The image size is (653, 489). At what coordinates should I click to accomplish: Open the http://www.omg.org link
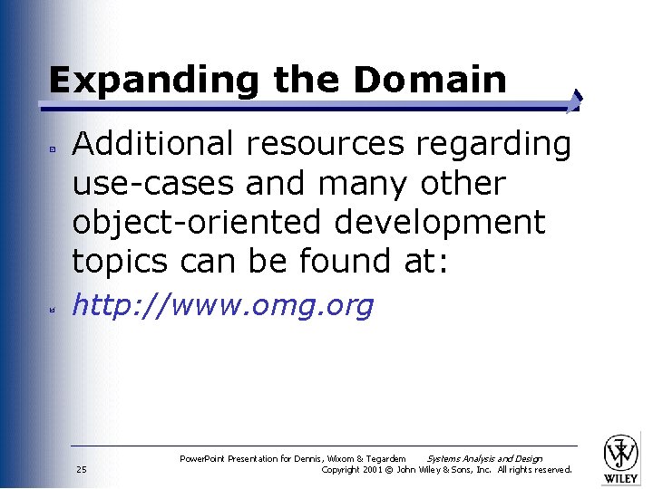pos(222,306)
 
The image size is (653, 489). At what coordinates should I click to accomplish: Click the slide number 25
pos(82,470)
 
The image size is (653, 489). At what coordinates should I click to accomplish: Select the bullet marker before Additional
pos(54,146)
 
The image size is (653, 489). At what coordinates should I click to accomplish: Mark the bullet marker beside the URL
pos(54,309)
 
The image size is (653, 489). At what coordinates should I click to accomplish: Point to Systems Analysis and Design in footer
pos(484,458)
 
